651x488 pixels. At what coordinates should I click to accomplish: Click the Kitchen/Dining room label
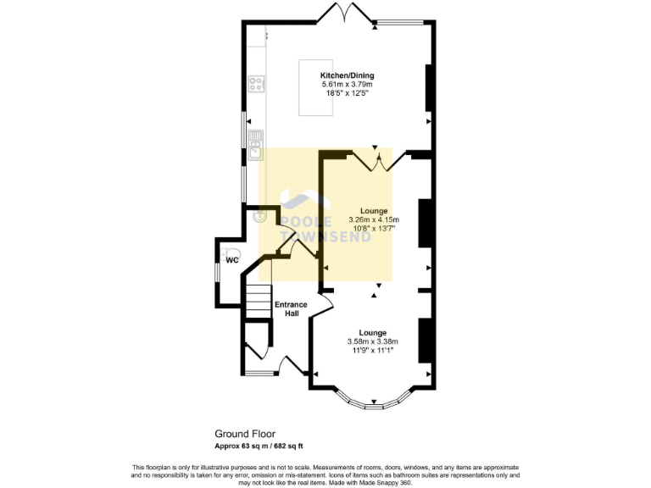[x=347, y=75]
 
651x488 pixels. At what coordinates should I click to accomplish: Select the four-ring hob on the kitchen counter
[x=255, y=83]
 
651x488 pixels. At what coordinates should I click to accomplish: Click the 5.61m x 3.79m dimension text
[x=347, y=85]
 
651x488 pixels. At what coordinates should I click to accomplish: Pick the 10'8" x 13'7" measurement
[x=373, y=228]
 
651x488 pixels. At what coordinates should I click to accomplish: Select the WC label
[x=231, y=261]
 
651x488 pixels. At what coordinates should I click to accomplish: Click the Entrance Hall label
[x=286, y=308]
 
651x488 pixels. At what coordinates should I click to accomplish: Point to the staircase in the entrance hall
[x=257, y=302]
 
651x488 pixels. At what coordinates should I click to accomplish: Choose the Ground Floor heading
[x=244, y=433]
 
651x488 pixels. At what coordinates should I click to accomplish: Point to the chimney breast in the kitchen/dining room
[x=429, y=89]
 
